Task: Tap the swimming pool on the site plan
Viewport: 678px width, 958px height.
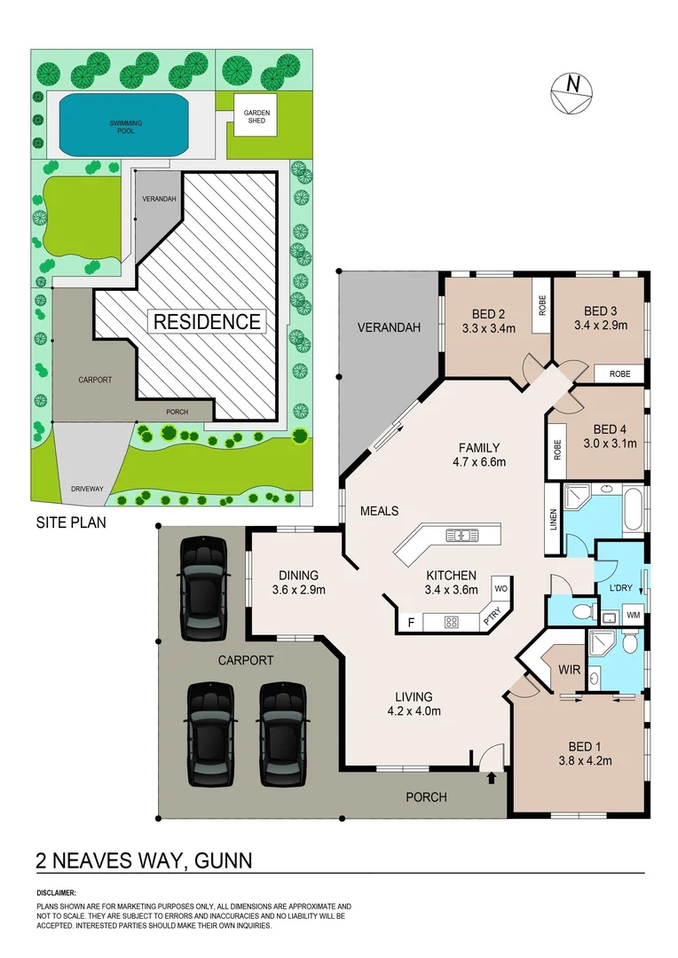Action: click(125, 123)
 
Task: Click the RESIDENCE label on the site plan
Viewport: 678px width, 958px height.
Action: click(208, 321)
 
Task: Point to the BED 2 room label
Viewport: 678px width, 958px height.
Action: click(489, 314)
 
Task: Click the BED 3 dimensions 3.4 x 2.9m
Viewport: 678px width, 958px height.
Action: click(601, 326)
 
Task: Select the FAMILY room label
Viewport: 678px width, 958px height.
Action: click(478, 448)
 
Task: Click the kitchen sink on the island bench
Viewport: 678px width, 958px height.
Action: click(462, 535)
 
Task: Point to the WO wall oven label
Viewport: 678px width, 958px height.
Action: click(500, 587)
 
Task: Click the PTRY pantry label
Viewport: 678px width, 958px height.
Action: click(493, 616)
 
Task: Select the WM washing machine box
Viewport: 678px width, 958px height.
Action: click(635, 614)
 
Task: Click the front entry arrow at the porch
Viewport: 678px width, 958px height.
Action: click(491, 779)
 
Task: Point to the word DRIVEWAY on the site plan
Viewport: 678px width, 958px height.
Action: click(88, 489)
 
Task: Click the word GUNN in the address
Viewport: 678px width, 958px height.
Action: click(220, 860)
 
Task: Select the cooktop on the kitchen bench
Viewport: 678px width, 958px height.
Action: click(451, 622)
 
